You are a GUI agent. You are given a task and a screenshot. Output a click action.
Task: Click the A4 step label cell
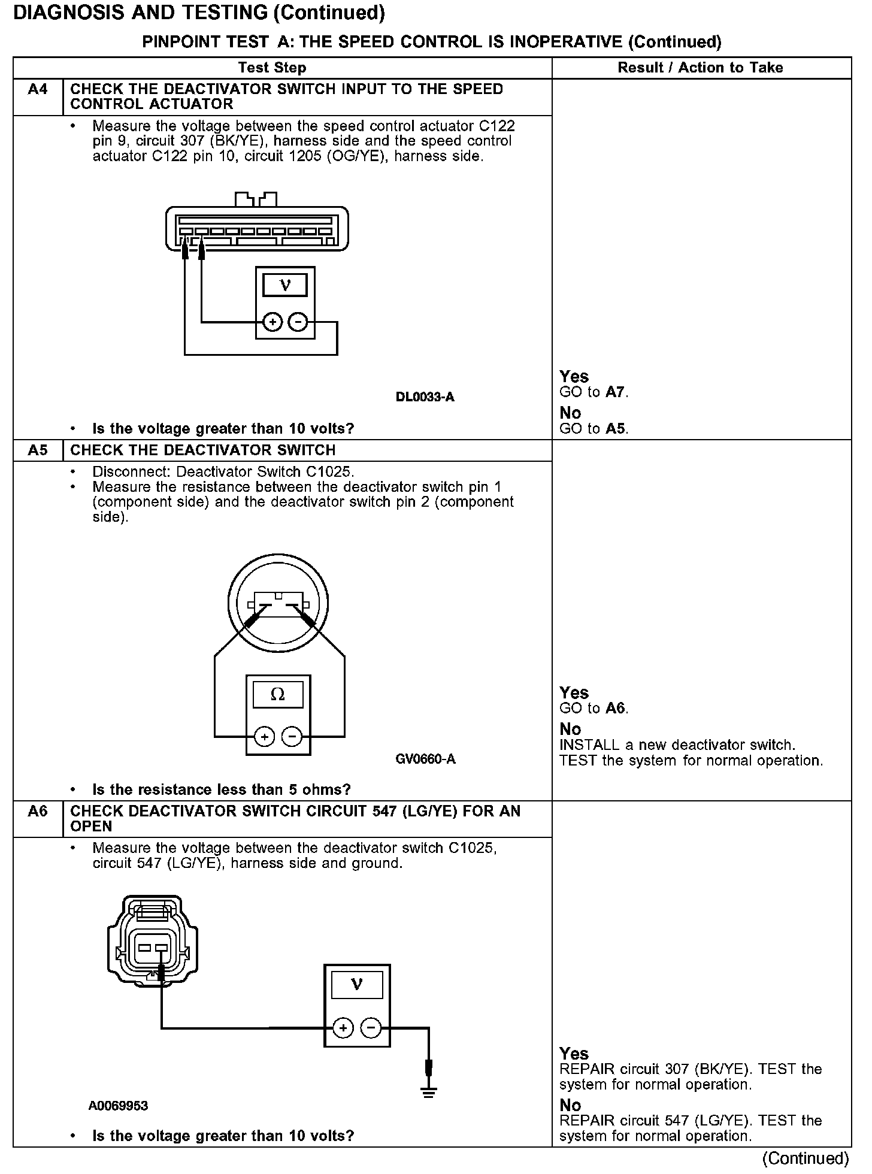pyautogui.click(x=38, y=90)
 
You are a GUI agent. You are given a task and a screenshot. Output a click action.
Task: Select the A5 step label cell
pyautogui.click(x=38, y=450)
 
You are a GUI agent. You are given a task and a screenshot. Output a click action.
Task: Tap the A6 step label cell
pyautogui.click(x=38, y=812)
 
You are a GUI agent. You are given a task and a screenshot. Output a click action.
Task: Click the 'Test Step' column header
pyautogui.click(x=272, y=68)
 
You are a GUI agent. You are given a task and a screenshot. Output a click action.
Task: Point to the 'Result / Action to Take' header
pyautogui.click(x=700, y=68)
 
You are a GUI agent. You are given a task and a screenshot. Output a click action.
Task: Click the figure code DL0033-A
pyautogui.click(x=425, y=397)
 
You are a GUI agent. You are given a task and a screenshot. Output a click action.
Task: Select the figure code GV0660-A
pyautogui.click(x=425, y=760)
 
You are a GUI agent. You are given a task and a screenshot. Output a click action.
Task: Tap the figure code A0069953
pyautogui.click(x=118, y=1106)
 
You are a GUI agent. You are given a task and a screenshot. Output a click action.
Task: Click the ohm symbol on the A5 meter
pyautogui.click(x=277, y=695)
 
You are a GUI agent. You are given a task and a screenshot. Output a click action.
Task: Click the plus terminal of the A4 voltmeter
pyautogui.click(x=272, y=323)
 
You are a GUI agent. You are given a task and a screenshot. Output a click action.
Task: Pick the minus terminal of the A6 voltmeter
pyautogui.click(x=371, y=1028)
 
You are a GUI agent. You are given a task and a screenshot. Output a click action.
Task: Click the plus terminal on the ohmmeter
pyautogui.click(x=264, y=736)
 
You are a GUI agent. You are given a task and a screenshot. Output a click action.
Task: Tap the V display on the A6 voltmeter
pyautogui.click(x=357, y=984)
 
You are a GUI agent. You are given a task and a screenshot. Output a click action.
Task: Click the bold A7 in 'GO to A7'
pyautogui.click(x=615, y=392)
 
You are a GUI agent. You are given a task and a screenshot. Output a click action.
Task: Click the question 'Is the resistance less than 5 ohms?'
pyautogui.click(x=221, y=789)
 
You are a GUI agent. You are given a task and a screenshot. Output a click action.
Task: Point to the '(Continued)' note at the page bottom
pyautogui.click(x=806, y=1158)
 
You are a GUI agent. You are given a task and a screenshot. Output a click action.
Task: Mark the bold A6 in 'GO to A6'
pyautogui.click(x=615, y=708)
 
